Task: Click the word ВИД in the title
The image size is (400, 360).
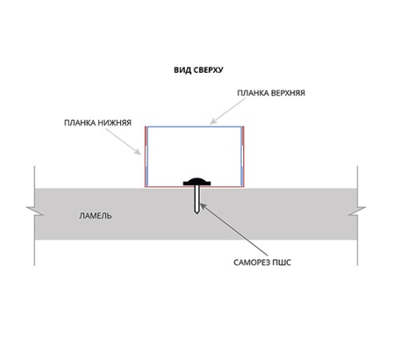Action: click(182, 70)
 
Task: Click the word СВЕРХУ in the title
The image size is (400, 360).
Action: click(208, 70)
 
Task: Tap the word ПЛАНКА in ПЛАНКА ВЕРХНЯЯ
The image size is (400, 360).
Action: click(253, 93)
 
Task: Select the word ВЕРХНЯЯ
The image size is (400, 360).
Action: click(288, 93)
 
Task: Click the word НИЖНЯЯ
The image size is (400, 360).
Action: click(114, 123)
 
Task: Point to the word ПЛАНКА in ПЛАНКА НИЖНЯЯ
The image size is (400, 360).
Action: click(80, 123)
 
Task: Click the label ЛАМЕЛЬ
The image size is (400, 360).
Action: click(95, 216)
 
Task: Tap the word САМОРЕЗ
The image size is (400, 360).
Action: click(252, 262)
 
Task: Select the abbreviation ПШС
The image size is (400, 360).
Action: click(282, 262)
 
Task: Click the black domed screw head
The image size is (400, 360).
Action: click(197, 182)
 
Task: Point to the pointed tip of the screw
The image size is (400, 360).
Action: click(197, 213)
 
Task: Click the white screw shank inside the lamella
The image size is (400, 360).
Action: click(197, 198)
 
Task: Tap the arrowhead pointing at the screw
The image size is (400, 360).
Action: click(202, 206)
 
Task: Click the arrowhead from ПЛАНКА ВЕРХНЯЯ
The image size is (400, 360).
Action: click(213, 122)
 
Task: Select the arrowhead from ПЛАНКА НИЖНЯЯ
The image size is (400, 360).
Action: click(138, 152)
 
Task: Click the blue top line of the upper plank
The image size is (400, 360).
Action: click(194, 127)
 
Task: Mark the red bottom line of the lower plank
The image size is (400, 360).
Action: click(194, 186)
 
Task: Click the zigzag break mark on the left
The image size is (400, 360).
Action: click(34, 210)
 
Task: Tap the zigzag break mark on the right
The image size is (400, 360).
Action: click(357, 210)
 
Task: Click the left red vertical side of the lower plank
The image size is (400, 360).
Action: click(146, 157)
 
